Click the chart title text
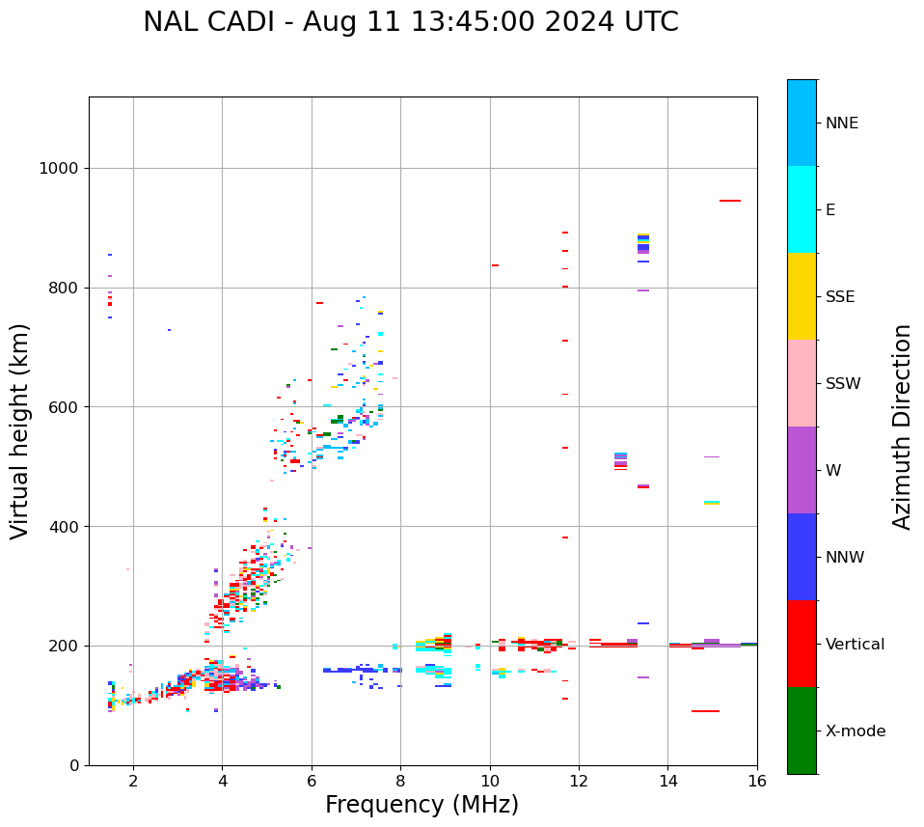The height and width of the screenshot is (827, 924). click(x=411, y=22)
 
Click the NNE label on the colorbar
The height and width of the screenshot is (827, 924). click(x=841, y=124)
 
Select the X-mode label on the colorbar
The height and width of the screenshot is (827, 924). click(x=855, y=731)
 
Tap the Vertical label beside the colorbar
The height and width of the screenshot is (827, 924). click(x=855, y=645)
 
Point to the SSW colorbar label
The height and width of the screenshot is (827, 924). click(x=843, y=384)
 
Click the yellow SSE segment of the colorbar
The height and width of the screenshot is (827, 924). click(x=802, y=296)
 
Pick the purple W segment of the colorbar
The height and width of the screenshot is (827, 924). click(x=802, y=470)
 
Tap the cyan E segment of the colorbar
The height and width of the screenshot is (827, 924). click(x=802, y=209)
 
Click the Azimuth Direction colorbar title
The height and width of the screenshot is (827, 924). click(x=902, y=427)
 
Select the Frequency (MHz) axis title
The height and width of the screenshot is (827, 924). click(x=421, y=805)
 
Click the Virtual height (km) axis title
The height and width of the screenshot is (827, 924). click(x=20, y=431)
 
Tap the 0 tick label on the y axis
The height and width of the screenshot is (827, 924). click(x=74, y=765)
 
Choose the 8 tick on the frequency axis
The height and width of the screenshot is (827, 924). click(x=400, y=781)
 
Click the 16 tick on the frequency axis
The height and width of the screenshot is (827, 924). click(x=757, y=781)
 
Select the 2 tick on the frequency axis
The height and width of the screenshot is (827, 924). click(x=133, y=781)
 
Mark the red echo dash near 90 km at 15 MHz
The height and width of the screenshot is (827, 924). click(x=705, y=711)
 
